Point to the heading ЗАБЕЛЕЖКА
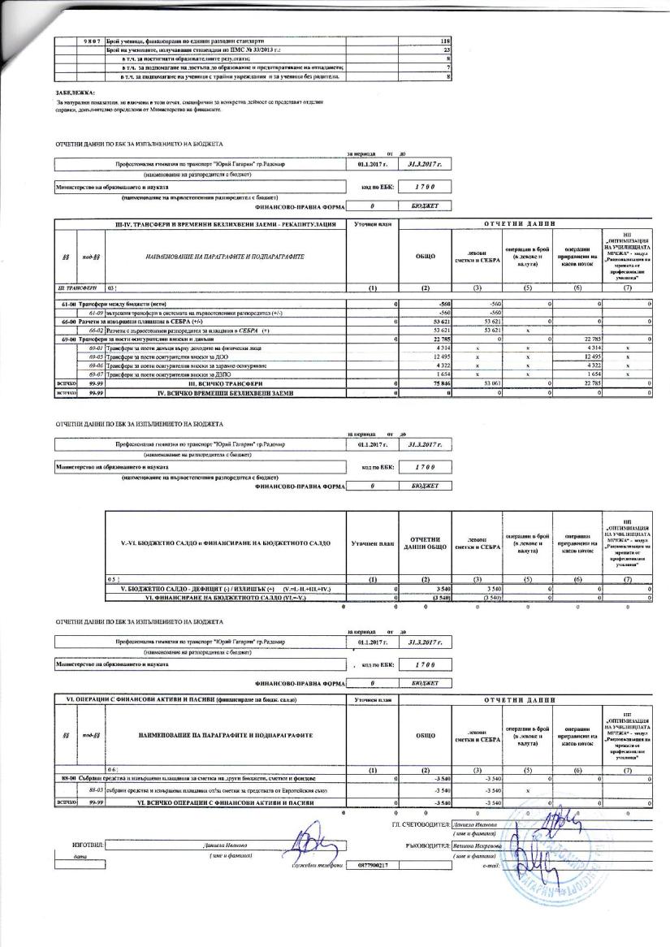click(71, 93)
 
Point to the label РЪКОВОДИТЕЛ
click(428, 845)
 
